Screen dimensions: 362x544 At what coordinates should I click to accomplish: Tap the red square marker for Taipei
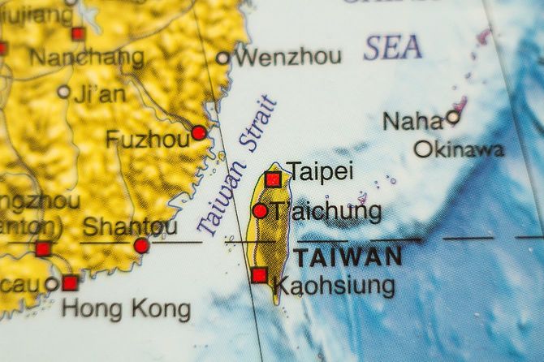[x=274, y=179]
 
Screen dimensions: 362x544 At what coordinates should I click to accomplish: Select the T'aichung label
[x=326, y=212]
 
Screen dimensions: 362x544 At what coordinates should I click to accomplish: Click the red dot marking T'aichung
[x=260, y=211]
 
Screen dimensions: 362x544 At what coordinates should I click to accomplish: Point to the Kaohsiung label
[x=335, y=285]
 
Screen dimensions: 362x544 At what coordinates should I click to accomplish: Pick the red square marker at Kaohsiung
[x=259, y=275]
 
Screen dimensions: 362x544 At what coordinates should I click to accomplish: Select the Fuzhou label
[x=147, y=140]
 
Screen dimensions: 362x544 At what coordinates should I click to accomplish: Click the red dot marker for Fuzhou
[x=198, y=132]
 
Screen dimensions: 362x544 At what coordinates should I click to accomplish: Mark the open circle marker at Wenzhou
[x=223, y=58]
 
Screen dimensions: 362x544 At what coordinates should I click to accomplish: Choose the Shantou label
[x=130, y=225]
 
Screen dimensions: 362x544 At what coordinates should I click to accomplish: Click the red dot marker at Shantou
[x=141, y=245]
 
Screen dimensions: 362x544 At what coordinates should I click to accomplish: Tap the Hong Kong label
[x=127, y=309]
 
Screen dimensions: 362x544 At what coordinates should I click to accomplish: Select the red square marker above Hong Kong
[x=70, y=283]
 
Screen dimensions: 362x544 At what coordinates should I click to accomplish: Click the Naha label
[x=413, y=122]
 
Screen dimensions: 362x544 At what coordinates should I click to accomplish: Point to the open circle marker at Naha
[x=453, y=118]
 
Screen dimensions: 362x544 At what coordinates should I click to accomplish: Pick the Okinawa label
[x=459, y=149]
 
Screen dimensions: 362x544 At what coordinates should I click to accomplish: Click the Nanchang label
[x=87, y=58]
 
